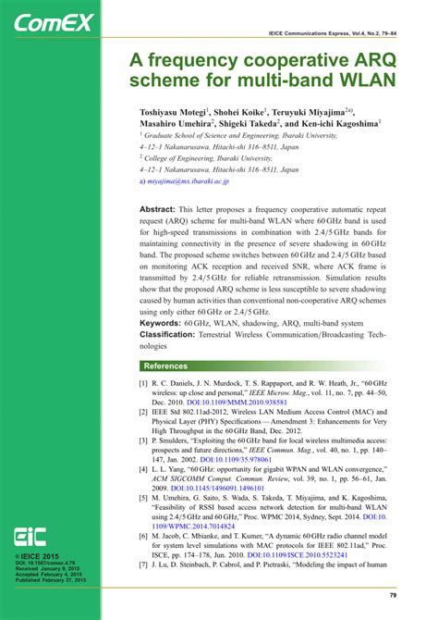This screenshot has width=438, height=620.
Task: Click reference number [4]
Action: click(143, 471)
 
